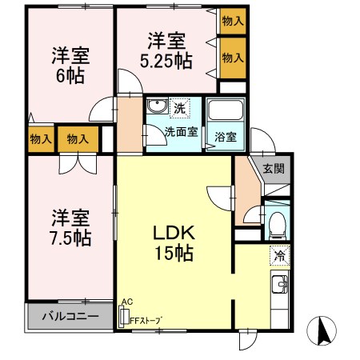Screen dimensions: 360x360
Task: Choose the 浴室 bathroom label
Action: (x=226, y=137)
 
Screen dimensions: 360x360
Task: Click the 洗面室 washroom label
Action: (x=181, y=132)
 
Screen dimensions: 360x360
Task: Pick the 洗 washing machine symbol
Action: (x=181, y=108)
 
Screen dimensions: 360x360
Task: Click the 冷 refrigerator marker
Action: (x=279, y=257)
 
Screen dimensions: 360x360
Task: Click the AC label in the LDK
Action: (x=126, y=302)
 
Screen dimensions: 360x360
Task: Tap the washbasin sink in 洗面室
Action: (x=157, y=107)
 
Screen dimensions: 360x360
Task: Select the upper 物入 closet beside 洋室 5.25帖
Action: (x=233, y=22)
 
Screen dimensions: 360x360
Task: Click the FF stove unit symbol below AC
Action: (x=124, y=317)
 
